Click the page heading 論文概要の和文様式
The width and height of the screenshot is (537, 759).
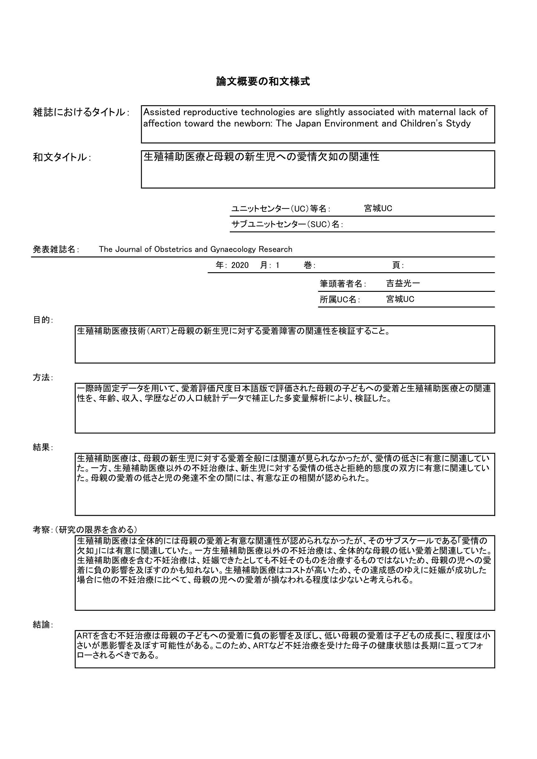coord(263,81)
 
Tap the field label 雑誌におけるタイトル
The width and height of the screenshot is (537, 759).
coord(79,112)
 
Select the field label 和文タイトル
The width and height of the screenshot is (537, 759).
coord(61,157)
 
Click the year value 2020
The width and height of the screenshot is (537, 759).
coord(240,265)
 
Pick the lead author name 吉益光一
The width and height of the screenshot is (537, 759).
coord(403,283)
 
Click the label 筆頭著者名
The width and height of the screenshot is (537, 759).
coord(342,284)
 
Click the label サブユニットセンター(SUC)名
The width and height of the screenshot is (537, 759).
coord(286,225)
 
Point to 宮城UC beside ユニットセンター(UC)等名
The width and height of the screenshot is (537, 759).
coord(378,209)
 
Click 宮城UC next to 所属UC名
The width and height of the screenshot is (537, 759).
coord(400,299)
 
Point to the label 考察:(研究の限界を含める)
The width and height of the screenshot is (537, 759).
coord(85,530)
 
